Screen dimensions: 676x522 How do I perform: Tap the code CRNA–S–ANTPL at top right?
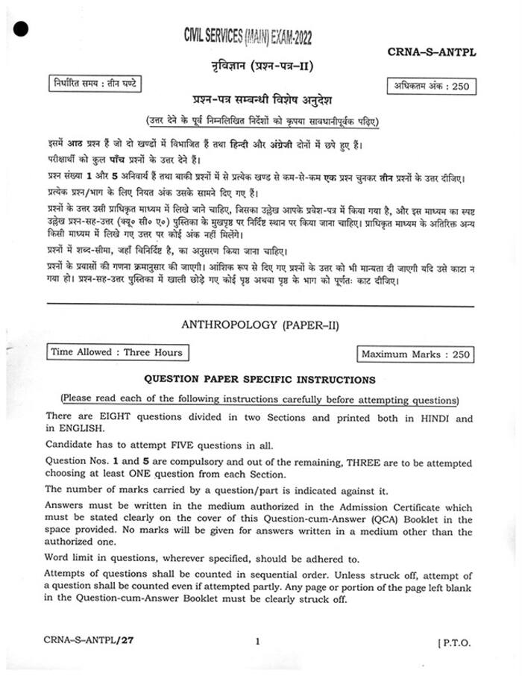pyautogui.click(x=432, y=51)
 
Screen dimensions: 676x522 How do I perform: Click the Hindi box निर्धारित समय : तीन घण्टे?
pyautogui.click(x=93, y=83)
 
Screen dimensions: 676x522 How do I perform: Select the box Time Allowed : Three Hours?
pyautogui.click(x=116, y=351)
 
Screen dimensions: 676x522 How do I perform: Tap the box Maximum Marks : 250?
pyautogui.click(x=415, y=354)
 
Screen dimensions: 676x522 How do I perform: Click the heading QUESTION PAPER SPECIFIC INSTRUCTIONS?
pyautogui.click(x=260, y=380)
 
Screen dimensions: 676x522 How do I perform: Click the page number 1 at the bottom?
pyautogui.click(x=257, y=641)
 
